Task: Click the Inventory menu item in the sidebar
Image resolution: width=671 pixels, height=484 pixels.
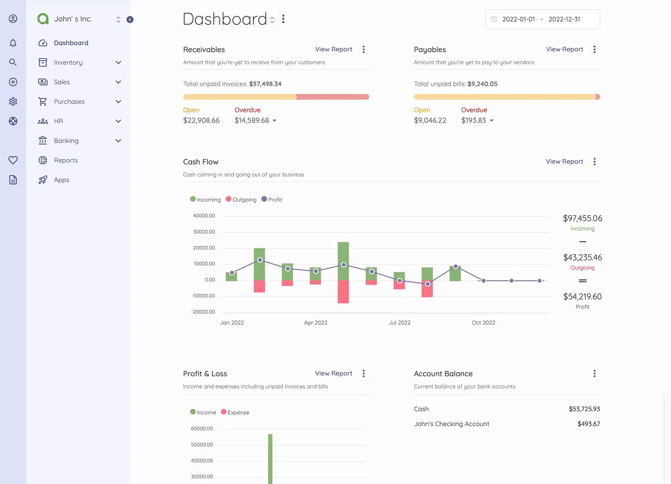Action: pos(68,62)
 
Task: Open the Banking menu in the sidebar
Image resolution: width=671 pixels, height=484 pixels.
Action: pos(66,141)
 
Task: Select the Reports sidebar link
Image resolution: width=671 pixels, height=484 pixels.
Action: pos(66,160)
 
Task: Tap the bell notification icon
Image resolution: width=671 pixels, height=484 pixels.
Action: pos(13,43)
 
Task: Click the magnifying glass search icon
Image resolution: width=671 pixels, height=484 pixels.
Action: pos(13,62)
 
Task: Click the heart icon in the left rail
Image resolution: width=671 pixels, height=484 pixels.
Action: pos(13,160)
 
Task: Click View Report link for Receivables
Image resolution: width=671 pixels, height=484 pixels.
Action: pos(333,49)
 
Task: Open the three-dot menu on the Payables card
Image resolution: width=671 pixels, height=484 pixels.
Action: pos(594,49)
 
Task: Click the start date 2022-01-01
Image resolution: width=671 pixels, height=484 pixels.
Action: pos(518,19)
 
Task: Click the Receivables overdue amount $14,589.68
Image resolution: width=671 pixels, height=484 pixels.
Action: pos(252,120)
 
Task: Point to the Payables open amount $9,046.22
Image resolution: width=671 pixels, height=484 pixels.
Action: pos(430,120)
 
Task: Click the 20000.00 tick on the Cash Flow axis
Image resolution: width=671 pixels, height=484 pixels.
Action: pos(204,248)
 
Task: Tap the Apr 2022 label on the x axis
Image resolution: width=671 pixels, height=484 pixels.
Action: pos(315,323)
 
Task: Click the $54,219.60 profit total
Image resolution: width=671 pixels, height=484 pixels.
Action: pos(582,297)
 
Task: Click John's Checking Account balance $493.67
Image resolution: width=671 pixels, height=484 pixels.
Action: pos(588,424)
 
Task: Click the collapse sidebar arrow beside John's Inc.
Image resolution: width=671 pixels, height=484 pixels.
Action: pos(130,19)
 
